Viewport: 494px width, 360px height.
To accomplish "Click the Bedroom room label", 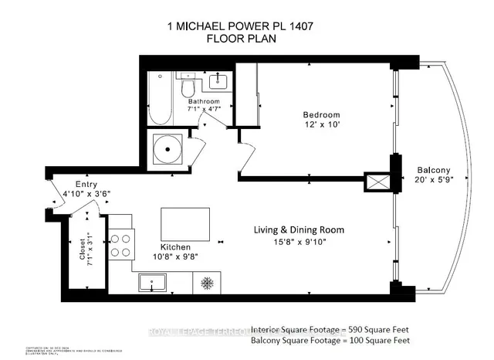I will coord(320,115).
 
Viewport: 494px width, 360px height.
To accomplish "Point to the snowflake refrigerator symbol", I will coord(207,283).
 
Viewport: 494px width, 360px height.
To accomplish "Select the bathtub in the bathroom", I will coord(161,99).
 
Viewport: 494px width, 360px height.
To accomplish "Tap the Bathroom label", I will coord(204,102).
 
